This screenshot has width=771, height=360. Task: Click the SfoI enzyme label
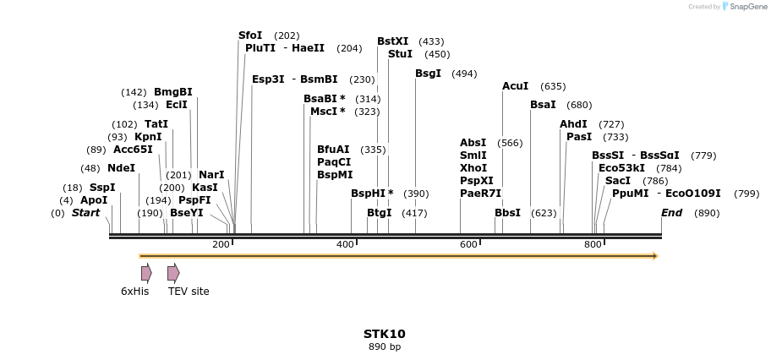click(x=250, y=35)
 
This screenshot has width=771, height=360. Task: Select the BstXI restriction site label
click(x=392, y=41)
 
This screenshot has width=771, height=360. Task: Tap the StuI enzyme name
click(x=400, y=54)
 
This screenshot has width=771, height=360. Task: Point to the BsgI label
click(x=428, y=74)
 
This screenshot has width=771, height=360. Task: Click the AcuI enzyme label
click(x=515, y=86)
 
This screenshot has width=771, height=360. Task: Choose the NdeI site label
click(x=121, y=168)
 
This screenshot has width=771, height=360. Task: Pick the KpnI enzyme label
click(x=148, y=137)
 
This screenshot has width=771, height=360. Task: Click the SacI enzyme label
click(x=618, y=181)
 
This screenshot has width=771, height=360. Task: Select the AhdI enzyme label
click(x=573, y=124)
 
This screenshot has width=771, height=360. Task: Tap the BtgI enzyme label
click(x=379, y=213)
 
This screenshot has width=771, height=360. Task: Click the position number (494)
click(x=464, y=74)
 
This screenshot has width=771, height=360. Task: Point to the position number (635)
click(x=553, y=86)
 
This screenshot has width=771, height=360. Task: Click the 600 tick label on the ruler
click(x=469, y=244)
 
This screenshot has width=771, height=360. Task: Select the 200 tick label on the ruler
click(x=221, y=244)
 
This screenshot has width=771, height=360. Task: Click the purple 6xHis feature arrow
click(x=146, y=273)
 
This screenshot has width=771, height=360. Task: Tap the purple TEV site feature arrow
click(x=172, y=273)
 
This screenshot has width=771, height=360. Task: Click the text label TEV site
click(x=189, y=292)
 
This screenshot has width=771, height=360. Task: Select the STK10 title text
click(x=385, y=334)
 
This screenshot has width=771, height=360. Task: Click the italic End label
click(x=671, y=213)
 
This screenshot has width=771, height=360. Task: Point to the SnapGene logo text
click(x=745, y=7)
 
